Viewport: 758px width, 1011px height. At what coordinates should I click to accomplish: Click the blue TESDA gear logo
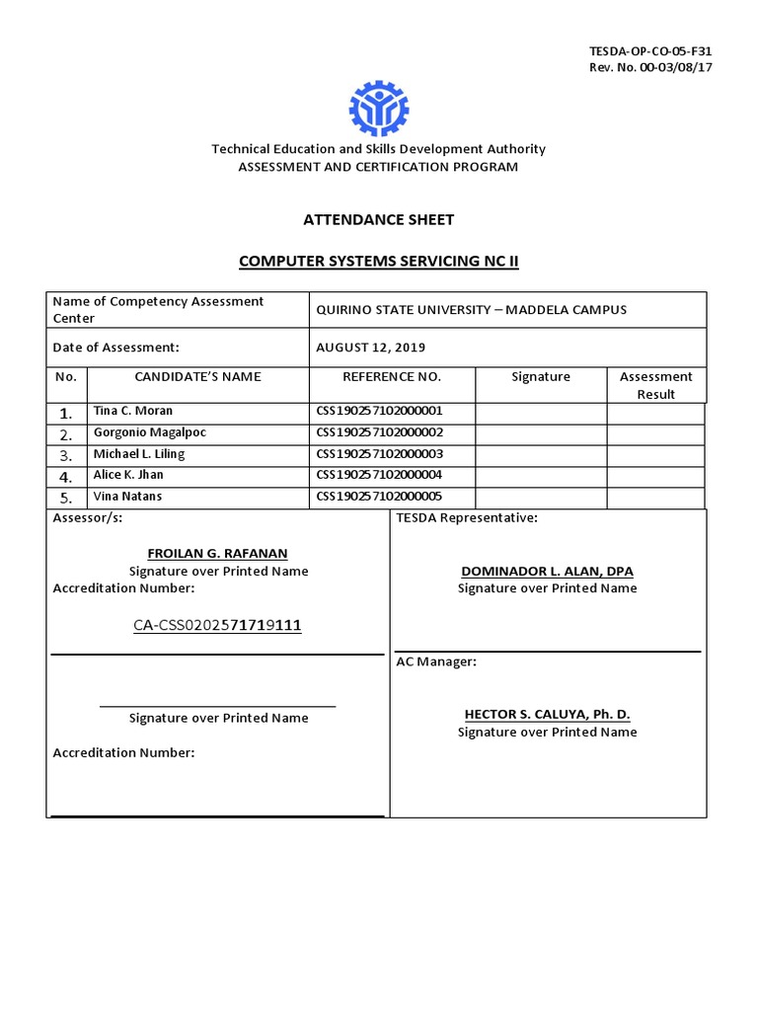378,109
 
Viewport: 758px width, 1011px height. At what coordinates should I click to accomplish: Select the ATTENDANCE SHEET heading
378,219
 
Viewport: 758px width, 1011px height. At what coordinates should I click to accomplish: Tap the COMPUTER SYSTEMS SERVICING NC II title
378,261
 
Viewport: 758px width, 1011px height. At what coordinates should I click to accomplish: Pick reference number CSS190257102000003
380,454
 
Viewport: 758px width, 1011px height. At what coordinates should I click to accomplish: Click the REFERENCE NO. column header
392,376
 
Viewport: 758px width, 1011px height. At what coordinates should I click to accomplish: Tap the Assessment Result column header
656,385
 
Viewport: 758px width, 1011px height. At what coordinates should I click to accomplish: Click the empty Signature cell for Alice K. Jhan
541,476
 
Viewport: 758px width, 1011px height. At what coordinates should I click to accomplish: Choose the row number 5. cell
66,498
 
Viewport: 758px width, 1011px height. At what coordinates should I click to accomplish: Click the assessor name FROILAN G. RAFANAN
217,553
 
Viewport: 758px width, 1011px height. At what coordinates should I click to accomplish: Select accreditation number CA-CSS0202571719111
217,625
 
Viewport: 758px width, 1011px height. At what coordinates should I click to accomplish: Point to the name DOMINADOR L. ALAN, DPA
547,572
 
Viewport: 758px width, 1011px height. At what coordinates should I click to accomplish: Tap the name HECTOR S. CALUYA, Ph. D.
547,714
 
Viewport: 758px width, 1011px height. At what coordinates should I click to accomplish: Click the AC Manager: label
436,661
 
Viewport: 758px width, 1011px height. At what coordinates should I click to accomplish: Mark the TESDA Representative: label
467,518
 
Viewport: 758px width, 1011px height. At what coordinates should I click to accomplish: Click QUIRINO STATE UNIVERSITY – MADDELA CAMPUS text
471,310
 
